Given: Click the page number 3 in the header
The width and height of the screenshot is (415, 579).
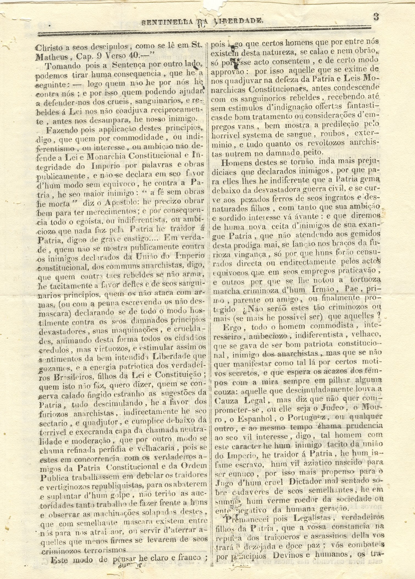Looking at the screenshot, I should point(376,17).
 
